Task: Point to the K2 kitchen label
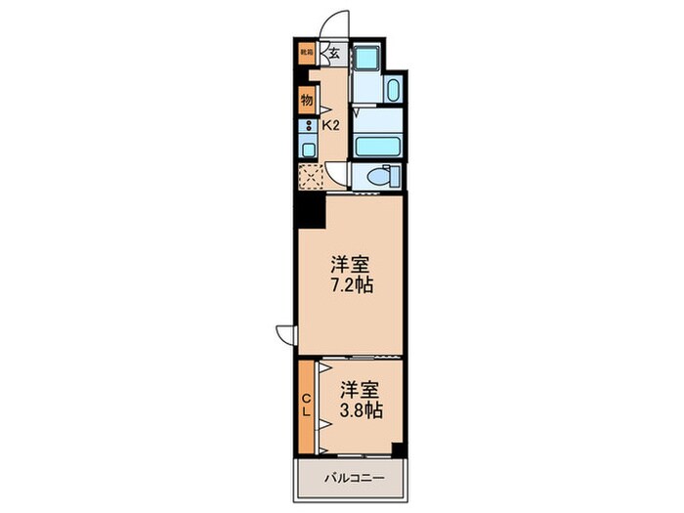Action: (331, 125)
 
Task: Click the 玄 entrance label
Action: (333, 55)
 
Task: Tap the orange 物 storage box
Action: (306, 100)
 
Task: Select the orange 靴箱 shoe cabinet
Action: (306, 53)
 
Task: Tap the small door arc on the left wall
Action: (284, 333)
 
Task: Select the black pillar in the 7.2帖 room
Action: (310, 209)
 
